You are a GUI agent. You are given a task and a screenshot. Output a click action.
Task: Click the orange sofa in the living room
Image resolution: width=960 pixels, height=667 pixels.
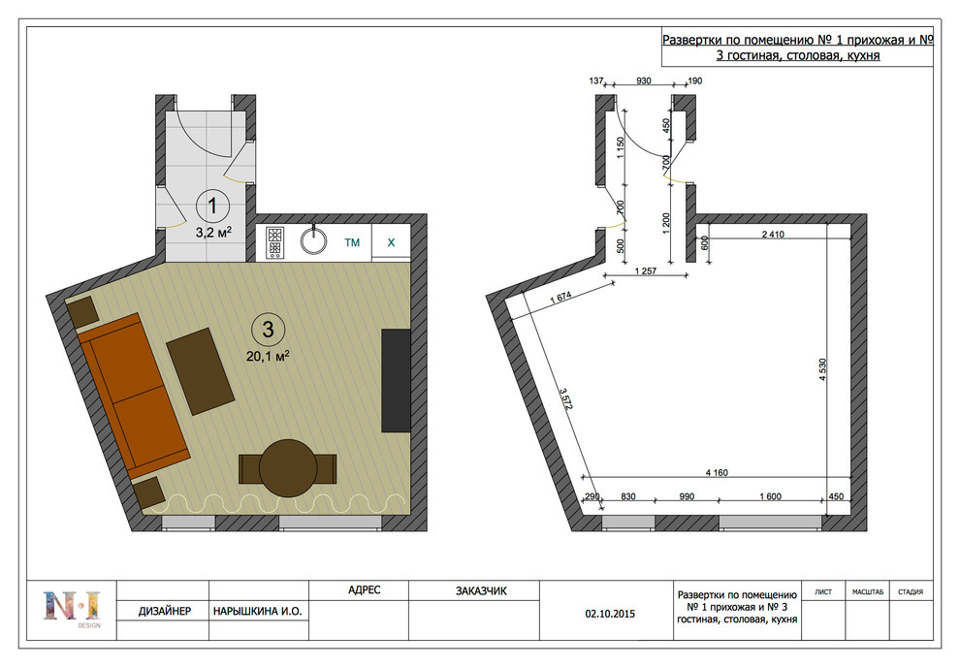134,396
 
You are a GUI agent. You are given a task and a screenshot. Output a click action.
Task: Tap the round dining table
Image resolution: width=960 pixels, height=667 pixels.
288,468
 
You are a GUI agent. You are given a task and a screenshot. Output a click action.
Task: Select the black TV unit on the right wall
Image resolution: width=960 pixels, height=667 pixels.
397,381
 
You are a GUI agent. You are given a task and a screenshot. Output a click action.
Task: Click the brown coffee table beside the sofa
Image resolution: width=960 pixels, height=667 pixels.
200,371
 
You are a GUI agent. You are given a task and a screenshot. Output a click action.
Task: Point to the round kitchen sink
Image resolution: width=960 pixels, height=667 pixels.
313,241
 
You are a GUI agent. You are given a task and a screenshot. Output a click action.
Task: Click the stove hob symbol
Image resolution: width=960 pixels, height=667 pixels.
274,242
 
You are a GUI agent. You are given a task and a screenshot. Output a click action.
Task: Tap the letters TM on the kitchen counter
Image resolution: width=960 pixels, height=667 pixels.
352,243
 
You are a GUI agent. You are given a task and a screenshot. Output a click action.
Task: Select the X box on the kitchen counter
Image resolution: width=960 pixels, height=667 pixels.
391,243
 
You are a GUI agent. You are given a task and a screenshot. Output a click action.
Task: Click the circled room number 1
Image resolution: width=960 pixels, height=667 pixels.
212,206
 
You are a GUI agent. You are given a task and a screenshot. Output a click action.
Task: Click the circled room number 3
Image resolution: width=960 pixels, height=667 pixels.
268,330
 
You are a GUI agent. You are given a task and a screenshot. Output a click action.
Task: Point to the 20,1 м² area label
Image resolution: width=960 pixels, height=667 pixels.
268,356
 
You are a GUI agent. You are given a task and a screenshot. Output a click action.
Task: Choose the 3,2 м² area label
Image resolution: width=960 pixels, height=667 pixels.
213,233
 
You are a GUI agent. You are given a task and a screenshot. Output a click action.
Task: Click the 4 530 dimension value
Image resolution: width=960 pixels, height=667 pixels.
823,369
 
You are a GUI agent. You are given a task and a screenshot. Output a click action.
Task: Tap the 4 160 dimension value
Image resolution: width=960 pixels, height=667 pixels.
717,472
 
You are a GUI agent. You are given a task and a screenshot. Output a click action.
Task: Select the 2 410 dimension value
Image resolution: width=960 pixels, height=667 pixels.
773,234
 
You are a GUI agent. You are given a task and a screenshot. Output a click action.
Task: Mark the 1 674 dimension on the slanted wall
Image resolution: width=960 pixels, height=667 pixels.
560,297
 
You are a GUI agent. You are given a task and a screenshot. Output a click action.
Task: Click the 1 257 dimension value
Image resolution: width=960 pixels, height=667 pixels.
645,271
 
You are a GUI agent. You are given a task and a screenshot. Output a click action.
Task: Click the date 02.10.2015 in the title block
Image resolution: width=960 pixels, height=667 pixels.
610,614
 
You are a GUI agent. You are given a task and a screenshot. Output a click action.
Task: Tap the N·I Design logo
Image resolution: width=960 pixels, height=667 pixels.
72,608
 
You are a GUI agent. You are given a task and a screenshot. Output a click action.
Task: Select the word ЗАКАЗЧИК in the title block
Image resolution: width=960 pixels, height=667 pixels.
481,591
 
